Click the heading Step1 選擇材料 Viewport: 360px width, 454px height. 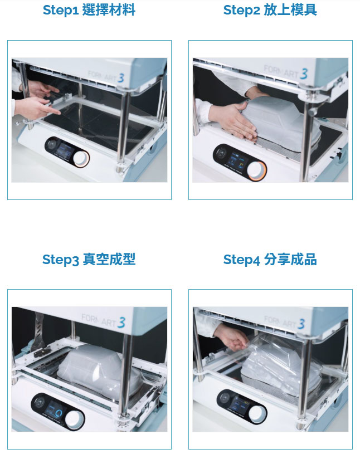click(x=89, y=10)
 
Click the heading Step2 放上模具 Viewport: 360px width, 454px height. click(x=270, y=10)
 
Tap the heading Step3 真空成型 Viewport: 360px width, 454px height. click(x=89, y=259)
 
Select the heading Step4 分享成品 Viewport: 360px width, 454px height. click(x=270, y=259)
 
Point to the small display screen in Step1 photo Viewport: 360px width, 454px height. click(x=64, y=151)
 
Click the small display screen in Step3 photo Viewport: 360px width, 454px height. click(x=55, y=411)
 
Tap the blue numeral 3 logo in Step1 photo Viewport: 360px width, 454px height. click(x=121, y=77)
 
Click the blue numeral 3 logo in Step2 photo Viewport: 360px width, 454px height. click(x=304, y=74)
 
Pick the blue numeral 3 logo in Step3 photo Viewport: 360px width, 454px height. click(x=121, y=323)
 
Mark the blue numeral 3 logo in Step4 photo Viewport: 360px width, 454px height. click(x=301, y=324)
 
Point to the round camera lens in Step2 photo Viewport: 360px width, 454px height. click(x=222, y=152)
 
